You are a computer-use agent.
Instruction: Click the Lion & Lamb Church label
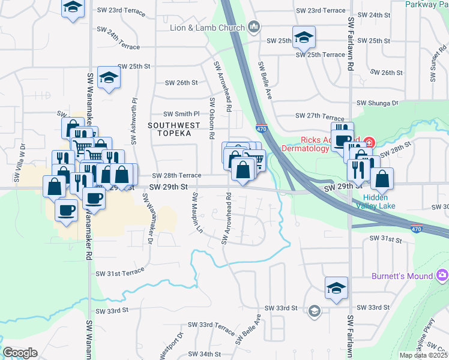[x=207, y=28]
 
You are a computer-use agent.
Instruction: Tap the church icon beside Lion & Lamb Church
[x=254, y=27]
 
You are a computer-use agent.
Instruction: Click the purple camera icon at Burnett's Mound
[x=442, y=275]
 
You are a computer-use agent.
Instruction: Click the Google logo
[x=20, y=352]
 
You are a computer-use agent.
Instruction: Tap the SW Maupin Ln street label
[x=194, y=213]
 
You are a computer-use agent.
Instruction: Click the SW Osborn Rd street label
[x=211, y=118]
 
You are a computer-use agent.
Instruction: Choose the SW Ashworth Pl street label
[x=135, y=122]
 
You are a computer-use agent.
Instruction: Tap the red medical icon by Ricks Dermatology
[x=369, y=143]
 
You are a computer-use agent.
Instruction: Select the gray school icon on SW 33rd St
[x=314, y=311]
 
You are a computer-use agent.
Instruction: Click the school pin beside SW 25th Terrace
[x=304, y=37]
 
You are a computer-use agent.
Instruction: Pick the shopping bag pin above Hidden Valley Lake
[x=382, y=178]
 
